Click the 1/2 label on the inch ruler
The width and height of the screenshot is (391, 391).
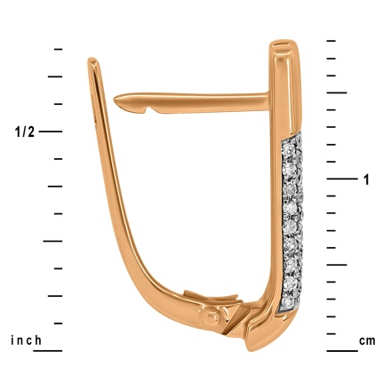pos(24,132)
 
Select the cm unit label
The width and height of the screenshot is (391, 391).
pos(367,341)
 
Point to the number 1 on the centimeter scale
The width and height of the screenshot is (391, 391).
pos(366,180)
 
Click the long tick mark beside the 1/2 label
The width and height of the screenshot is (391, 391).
pos(51,132)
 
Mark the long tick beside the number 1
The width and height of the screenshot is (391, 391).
pos(340,179)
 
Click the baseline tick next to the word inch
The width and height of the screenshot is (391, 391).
pos(50,350)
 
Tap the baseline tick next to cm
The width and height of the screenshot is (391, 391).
pos(341,350)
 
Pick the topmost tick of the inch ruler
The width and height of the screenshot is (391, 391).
pos(59,49)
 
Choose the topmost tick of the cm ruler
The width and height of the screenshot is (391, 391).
pos(331,41)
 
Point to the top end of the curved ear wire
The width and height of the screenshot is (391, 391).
pos(92,61)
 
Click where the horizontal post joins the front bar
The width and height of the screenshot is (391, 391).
pos(269,95)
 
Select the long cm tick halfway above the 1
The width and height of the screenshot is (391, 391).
pos(337,92)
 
